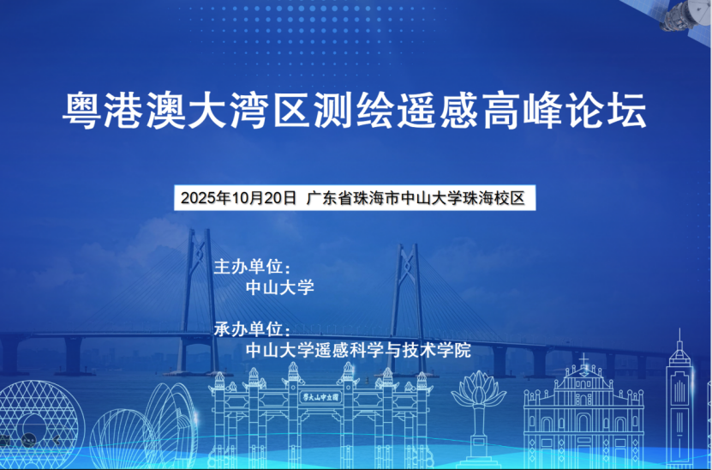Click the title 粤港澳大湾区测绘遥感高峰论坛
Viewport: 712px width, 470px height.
click(x=354, y=111)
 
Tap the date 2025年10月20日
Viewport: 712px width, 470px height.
click(x=239, y=198)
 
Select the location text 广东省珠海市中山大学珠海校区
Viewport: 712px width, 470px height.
click(x=416, y=198)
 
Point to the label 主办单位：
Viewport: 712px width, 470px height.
click(x=253, y=267)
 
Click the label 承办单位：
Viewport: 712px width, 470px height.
click(x=253, y=329)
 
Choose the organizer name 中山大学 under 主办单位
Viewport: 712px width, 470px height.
click(x=279, y=287)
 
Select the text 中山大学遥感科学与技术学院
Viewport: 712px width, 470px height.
click(x=358, y=350)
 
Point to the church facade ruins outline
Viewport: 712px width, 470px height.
click(x=583, y=413)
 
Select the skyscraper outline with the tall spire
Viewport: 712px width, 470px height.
click(x=679, y=400)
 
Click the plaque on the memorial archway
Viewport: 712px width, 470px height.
click(x=321, y=397)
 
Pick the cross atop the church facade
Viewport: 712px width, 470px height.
click(x=584, y=359)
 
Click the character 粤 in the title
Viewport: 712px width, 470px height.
click(x=81, y=111)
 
